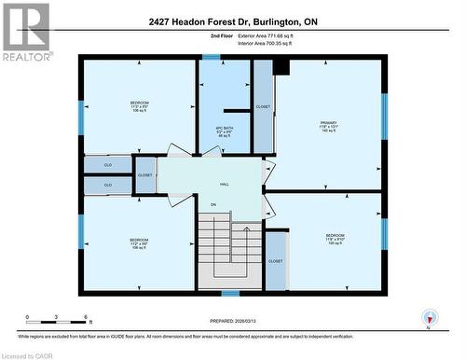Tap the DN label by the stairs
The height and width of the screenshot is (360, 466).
[x=212, y=204]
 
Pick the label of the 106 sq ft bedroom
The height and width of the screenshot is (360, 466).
[x=139, y=106]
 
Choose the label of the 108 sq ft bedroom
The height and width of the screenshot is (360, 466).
[x=139, y=244]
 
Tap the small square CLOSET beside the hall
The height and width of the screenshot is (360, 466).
[x=145, y=174]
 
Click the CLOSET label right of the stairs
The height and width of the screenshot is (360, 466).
[x=275, y=261]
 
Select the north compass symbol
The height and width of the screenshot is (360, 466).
[x=428, y=318]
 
